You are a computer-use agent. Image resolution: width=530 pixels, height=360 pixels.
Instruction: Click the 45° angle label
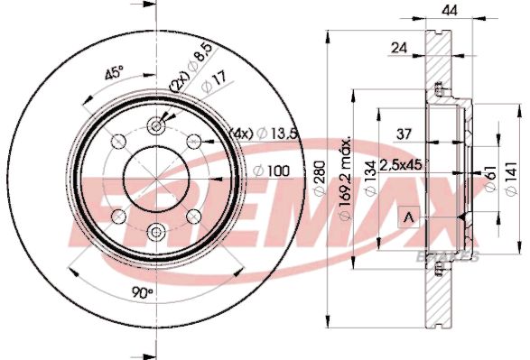click(x=114, y=75)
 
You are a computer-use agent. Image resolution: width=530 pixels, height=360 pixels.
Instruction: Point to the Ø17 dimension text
click(x=211, y=85)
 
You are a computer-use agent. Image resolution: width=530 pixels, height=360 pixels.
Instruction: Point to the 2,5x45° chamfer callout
click(x=400, y=165)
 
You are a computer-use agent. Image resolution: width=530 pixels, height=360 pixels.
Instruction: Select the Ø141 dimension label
click(x=513, y=177)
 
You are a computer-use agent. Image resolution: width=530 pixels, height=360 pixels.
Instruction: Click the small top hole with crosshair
click(x=155, y=125)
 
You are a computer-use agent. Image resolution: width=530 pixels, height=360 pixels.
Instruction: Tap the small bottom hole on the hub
click(x=155, y=231)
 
